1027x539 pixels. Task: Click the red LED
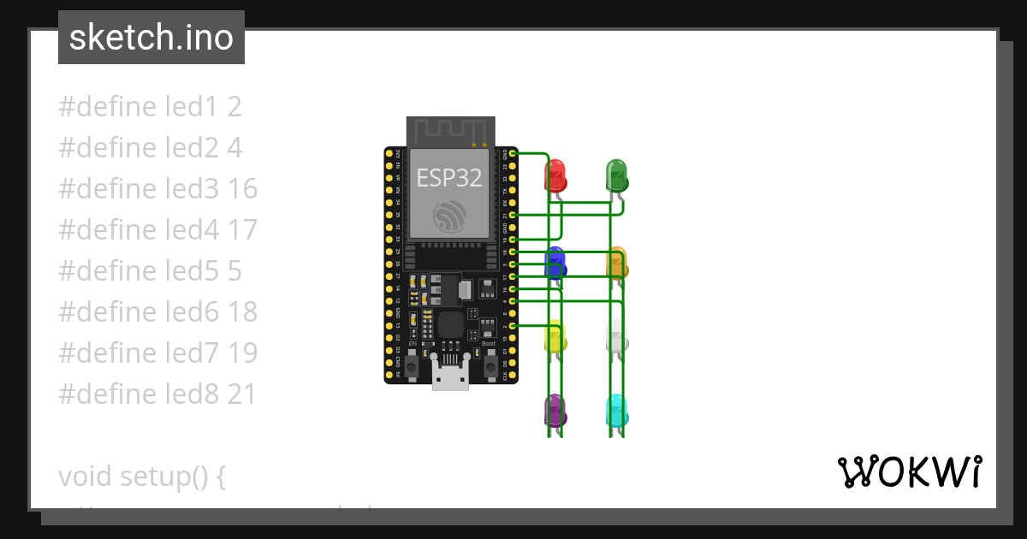point(555,175)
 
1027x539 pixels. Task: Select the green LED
point(616,175)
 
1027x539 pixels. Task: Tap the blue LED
point(555,263)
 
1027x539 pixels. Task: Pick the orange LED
point(616,263)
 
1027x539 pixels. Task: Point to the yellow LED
point(555,337)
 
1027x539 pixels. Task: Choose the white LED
point(616,337)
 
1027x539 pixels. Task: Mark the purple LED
point(555,411)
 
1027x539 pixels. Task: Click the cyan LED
point(616,411)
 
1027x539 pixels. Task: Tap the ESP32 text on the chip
point(449,178)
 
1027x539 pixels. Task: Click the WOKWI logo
point(909,471)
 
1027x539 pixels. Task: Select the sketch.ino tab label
point(151,38)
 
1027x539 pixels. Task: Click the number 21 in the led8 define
point(242,394)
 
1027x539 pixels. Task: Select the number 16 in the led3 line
point(242,189)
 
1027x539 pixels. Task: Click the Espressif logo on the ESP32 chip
point(449,216)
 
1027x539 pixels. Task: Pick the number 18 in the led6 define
point(242,312)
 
